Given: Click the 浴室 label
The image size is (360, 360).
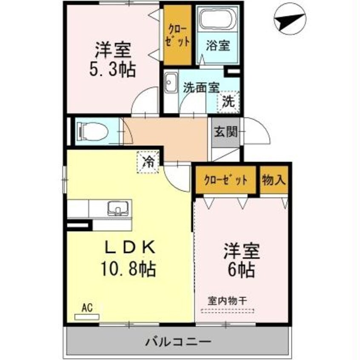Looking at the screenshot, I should tap(218, 46).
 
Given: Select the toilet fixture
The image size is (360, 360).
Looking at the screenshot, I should tap(91, 131).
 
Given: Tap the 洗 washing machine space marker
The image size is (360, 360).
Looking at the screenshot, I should tap(229, 102).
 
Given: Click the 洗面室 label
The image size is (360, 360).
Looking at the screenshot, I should tap(201, 87).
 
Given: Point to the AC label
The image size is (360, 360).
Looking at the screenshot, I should tap(86, 307).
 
